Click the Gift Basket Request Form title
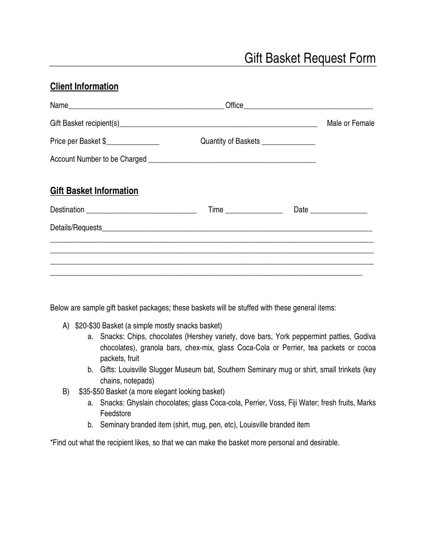pyautogui.click(x=310, y=58)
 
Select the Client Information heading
pyautogui.click(x=84, y=86)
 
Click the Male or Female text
pyautogui.click(x=350, y=123)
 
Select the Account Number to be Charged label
pyautogui.click(x=98, y=159)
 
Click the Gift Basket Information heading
pyautogui.click(x=94, y=191)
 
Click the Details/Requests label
pyautogui.click(x=76, y=228)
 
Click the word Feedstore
pyautogui.click(x=115, y=413)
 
